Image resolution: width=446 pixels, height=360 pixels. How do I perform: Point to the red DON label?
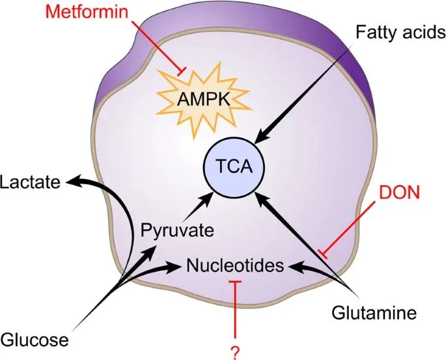400,193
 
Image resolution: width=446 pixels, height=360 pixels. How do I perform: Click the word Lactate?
30,182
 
